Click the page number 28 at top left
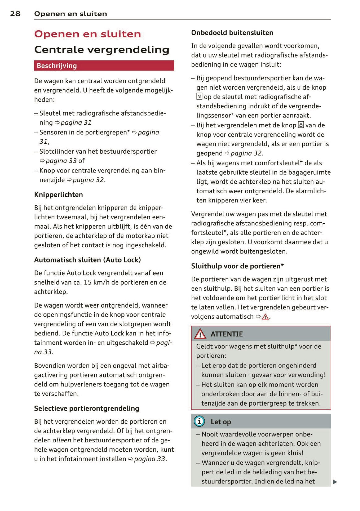(x=15, y=14)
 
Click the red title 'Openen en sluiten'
(x=87, y=34)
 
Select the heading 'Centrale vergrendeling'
(x=102, y=49)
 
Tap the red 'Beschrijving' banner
(x=104, y=66)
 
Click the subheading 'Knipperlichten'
(x=58, y=195)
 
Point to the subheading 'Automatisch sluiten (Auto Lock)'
(x=87, y=260)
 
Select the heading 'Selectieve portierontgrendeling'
(x=87, y=408)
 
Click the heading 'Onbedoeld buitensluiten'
(x=232, y=33)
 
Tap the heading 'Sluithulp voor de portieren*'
(x=237, y=266)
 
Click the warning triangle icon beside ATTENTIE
(x=200, y=334)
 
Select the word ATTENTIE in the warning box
(x=227, y=334)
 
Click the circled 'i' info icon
(x=199, y=421)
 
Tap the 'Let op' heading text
(x=221, y=422)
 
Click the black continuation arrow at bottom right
(x=335, y=482)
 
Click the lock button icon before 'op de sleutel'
(x=199, y=97)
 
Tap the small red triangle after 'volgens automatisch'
(x=265, y=317)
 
